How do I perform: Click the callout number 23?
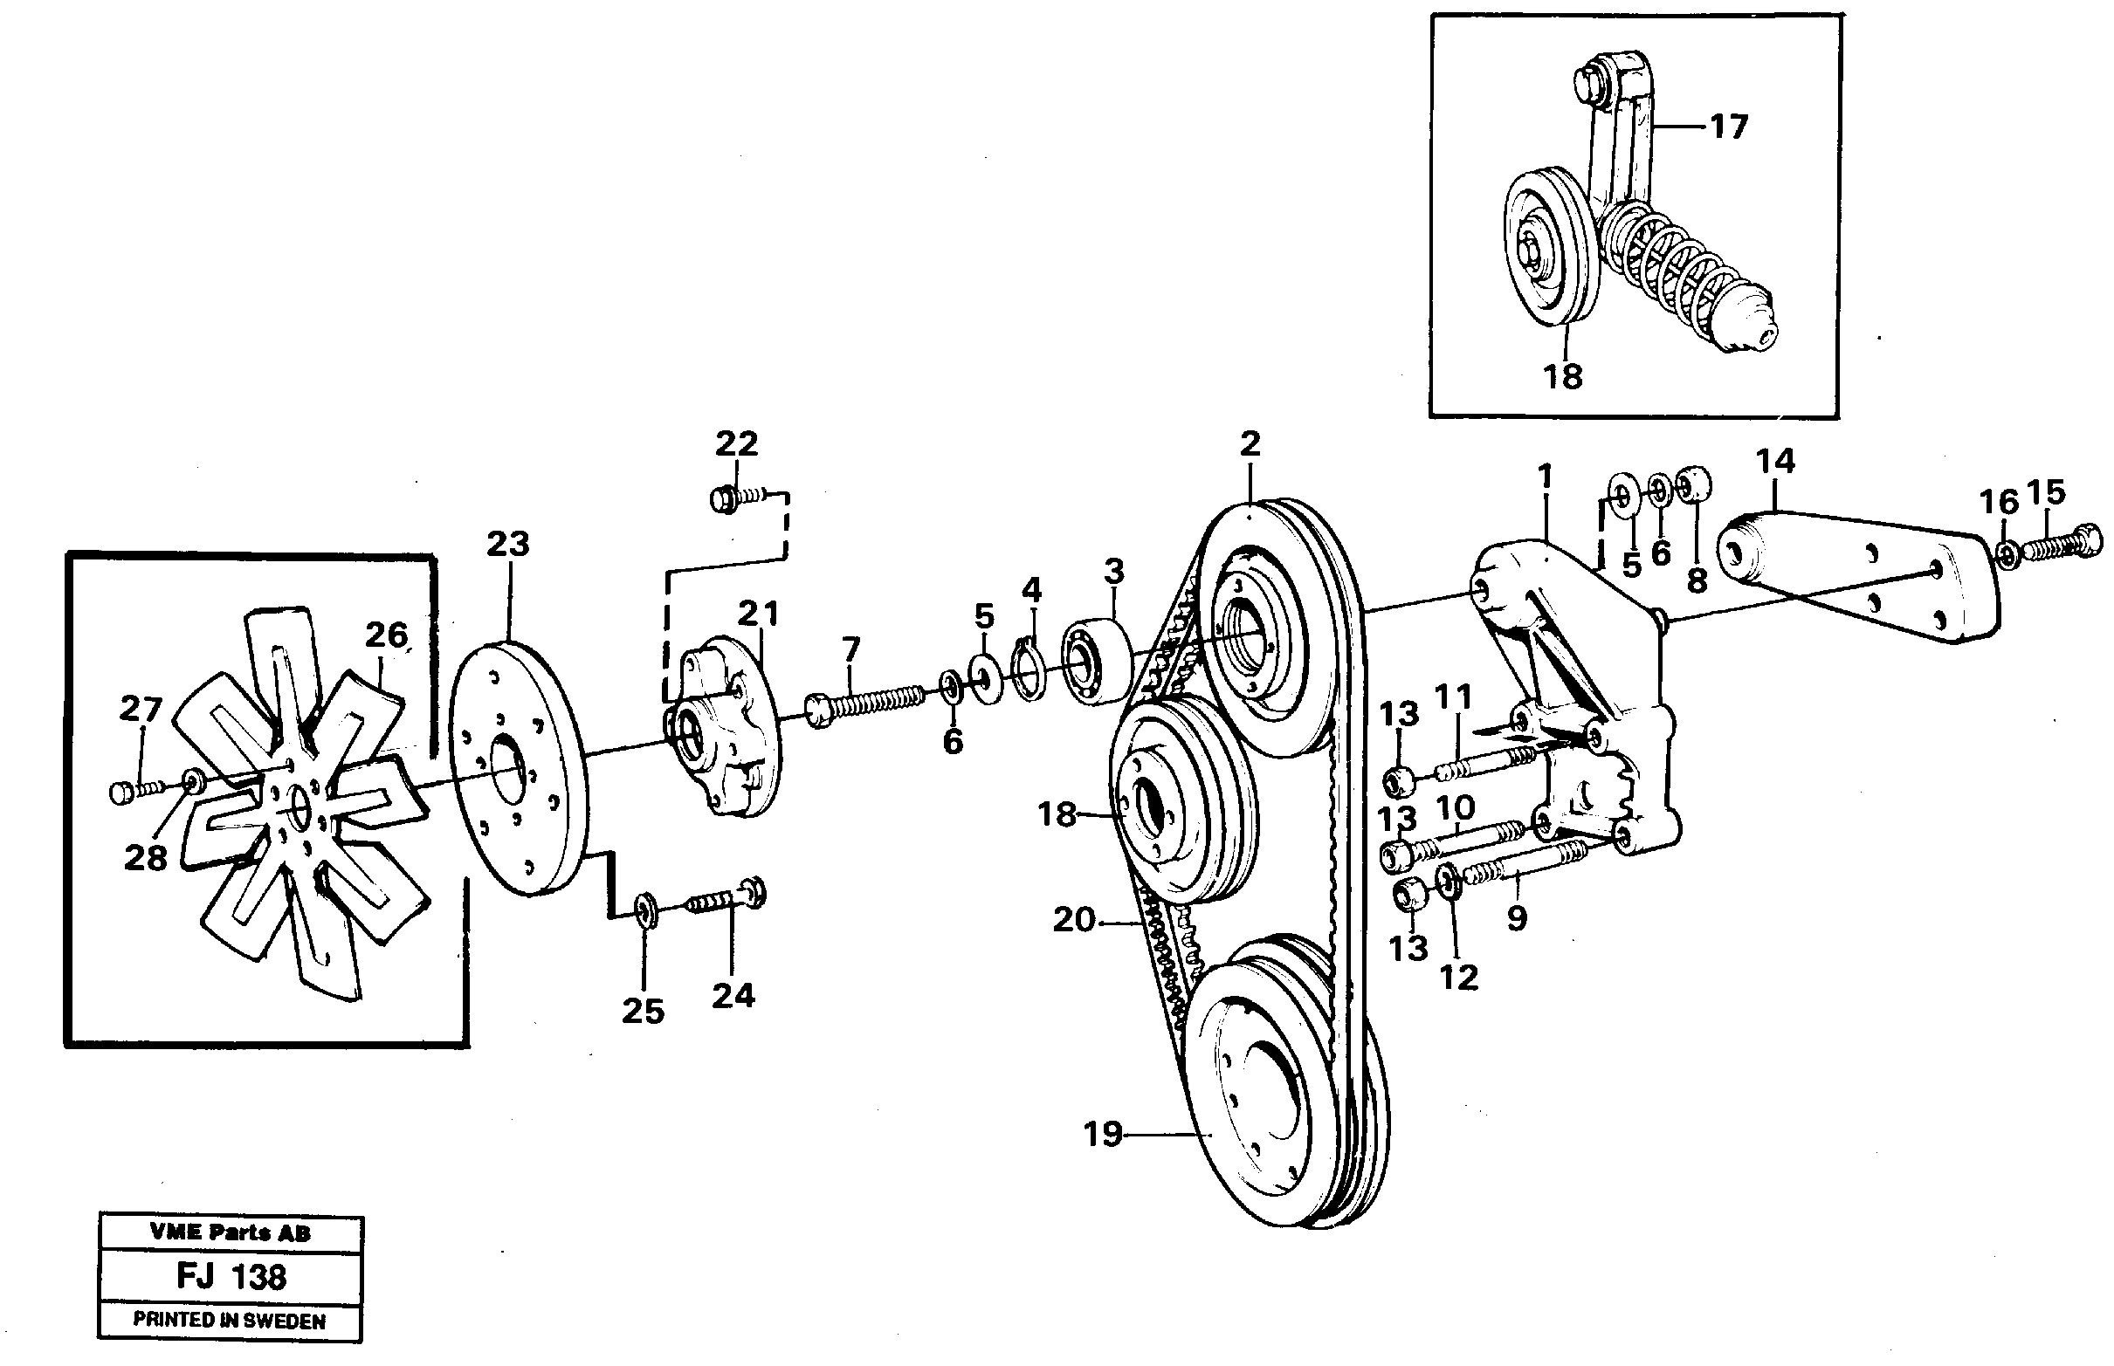[507, 543]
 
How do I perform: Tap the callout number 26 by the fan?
[386, 635]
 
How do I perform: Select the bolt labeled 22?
[732, 499]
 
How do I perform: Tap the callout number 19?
[1103, 1134]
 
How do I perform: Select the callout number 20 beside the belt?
[1073, 920]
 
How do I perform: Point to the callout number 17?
[1728, 127]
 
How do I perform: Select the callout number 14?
[1775, 461]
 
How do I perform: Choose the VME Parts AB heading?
[230, 1232]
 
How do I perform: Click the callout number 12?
[1458, 978]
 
